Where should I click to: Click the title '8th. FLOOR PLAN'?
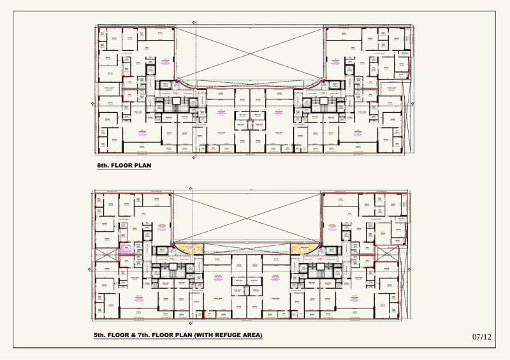pos(124,166)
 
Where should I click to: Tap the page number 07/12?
pos(482,336)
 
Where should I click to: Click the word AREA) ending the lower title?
pos(249,335)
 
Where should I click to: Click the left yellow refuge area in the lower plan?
pos(189,249)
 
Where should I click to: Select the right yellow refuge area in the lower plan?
pos(304,249)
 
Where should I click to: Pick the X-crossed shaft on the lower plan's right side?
pos(386,252)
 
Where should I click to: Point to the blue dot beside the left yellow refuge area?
pos(173,245)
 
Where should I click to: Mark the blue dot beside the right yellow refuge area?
pos(320,245)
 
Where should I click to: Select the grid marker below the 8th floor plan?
pos(194,156)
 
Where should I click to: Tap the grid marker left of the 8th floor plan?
pos(96,100)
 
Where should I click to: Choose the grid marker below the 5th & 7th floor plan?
pos(194,322)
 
